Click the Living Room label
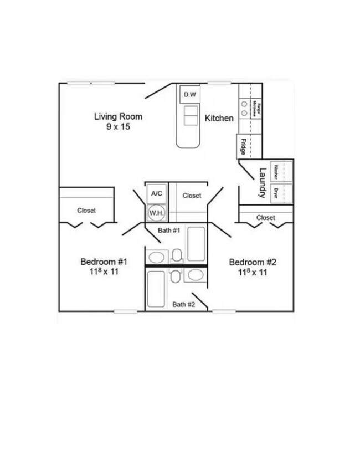pyautogui.click(x=118, y=116)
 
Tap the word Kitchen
pyautogui.click(x=219, y=118)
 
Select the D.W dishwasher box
pyautogui.click(x=190, y=95)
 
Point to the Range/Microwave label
pyautogui.click(x=257, y=109)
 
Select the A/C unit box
pyautogui.click(x=157, y=193)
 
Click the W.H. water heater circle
pyautogui.click(x=155, y=212)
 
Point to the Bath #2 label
pyautogui.click(x=183, y=304)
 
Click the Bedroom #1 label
pyautogui.click(x=104, y=262)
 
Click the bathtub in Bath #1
pyautogui.click(x=196, y=243)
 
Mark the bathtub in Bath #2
pyautogui.click(x=156, y=288)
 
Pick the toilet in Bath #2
pyautogui.click(x=176, y=275)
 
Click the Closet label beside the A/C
pyautogui.click(x=192, y=196)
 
